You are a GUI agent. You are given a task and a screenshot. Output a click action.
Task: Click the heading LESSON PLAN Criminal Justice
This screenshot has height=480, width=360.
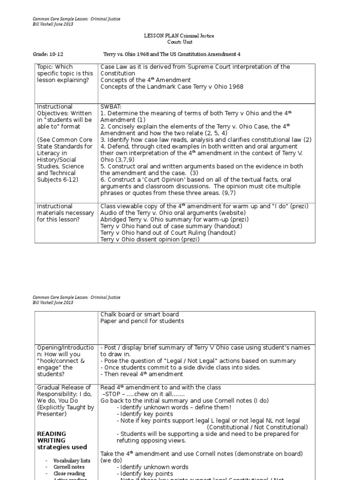click(173, 36)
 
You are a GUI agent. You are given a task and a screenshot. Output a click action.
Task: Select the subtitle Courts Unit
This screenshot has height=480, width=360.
click(173, 42)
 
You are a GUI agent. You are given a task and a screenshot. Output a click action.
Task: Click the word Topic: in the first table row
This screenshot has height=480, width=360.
click(46, 67)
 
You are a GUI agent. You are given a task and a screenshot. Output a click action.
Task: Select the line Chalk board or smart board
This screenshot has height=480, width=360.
click(139, 315)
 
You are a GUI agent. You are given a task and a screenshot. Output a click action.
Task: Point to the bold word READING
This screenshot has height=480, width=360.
click(52, 434)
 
